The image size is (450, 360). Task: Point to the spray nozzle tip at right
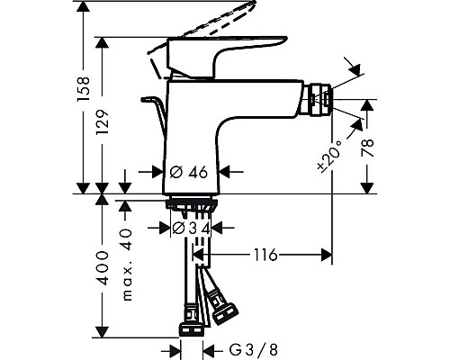[x=319, y=96]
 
